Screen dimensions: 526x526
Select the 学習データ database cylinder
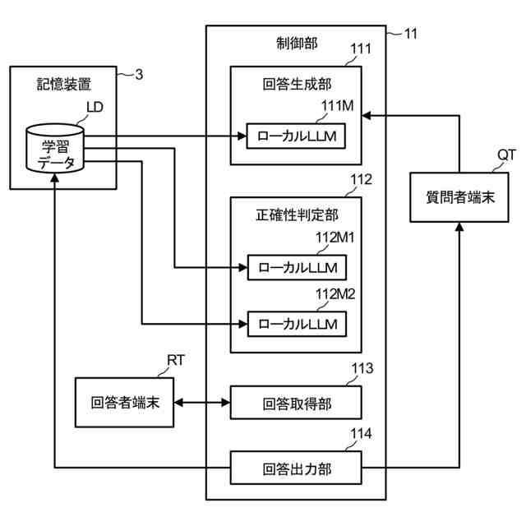click(55, 148)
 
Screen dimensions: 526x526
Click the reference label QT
click(506, 155)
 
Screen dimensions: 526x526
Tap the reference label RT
click(175, 360)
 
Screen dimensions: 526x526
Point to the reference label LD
click(95, 108)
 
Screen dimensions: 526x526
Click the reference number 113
click(362, 368)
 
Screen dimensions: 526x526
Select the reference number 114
click(362, 434)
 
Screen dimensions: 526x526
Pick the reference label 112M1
click(335, 238)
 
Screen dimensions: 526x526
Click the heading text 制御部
click(297, 44)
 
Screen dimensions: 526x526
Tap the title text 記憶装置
click(64, 84)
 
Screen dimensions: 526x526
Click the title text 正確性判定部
click(297, 215)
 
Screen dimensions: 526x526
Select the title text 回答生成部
click(297, 84)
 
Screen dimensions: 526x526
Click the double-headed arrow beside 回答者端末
click(202, 402)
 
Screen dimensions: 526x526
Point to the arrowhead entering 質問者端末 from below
click(459, 227)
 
